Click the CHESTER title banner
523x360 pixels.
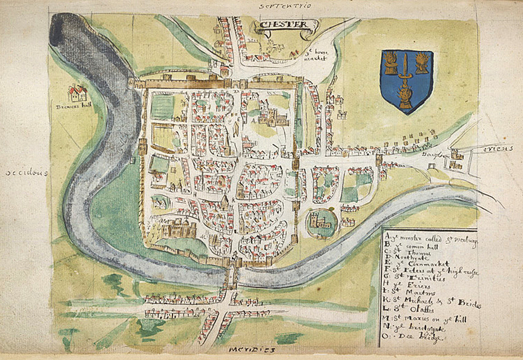pos(286,25)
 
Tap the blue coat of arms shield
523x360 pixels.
pos(406,80)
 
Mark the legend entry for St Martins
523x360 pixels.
pos(415,294)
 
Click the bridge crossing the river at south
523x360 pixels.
pos(231,277)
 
